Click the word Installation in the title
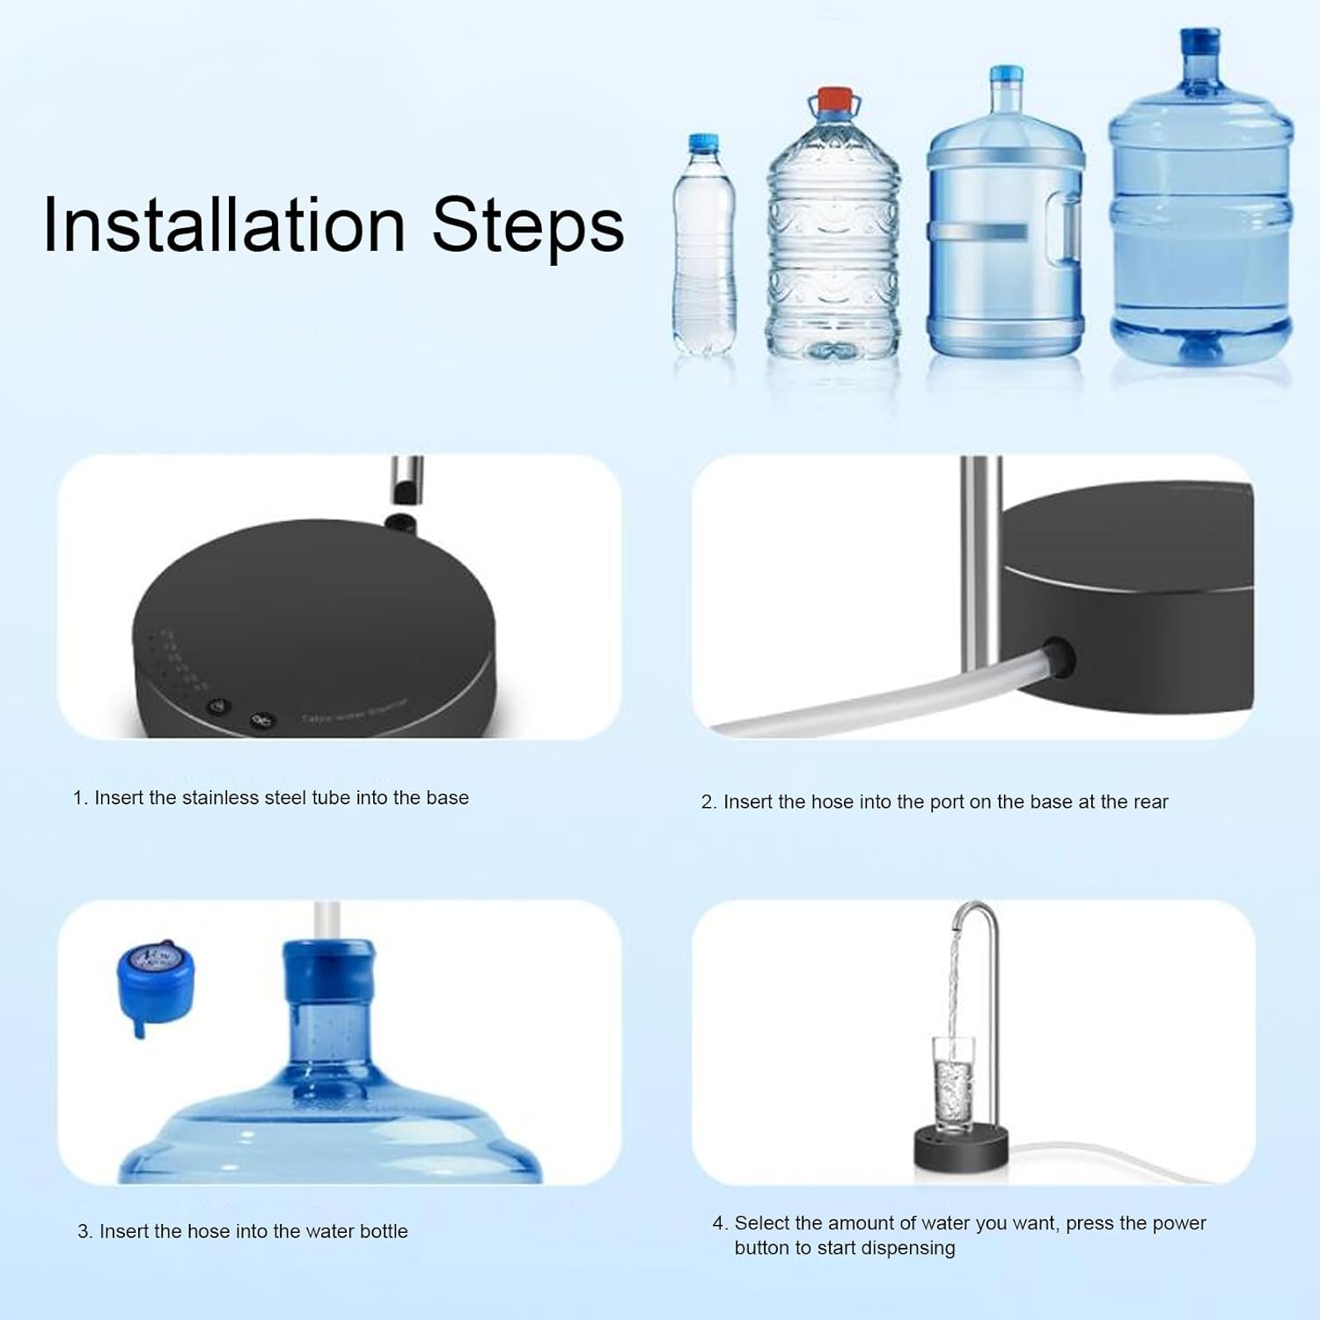224,225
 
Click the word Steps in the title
527,225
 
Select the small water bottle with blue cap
703,246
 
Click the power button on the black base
217,707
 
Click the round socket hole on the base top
401,523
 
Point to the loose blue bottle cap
155,980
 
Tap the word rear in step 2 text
1150,803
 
